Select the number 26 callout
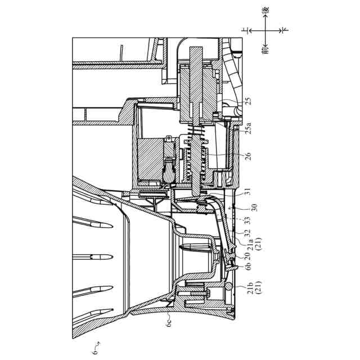248,154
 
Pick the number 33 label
248,221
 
